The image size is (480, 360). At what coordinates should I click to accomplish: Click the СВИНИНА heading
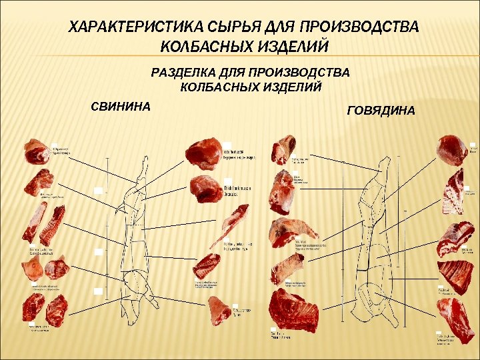(121, 105)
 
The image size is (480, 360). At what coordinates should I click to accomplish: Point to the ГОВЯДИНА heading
(381, 110)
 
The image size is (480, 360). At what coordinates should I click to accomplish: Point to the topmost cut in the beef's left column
(283, 148)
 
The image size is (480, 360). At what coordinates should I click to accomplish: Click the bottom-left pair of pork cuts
(45, 309)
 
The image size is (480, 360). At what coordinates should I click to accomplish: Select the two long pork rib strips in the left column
(43, 223)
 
